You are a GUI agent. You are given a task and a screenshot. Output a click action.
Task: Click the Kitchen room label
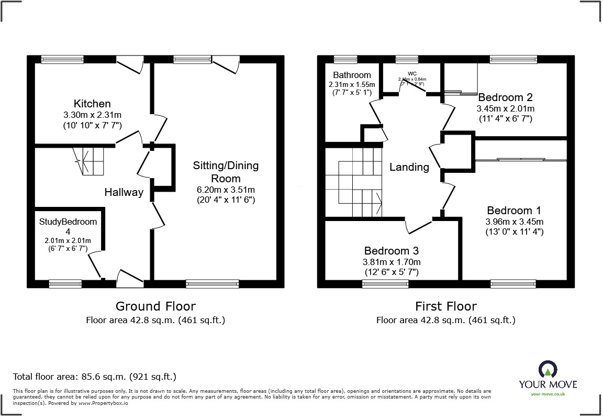92,104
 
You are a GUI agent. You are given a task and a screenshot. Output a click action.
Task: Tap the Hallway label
124,192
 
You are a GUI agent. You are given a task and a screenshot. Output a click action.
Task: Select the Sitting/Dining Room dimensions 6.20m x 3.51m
226,190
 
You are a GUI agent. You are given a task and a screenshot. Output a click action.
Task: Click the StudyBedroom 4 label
68,226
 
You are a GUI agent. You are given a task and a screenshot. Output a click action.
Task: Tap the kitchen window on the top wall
63,59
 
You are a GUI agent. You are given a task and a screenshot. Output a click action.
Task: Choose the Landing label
409,167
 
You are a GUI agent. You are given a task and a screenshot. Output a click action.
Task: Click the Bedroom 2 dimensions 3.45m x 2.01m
505,108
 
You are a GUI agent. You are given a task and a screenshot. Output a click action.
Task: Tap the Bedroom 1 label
513,210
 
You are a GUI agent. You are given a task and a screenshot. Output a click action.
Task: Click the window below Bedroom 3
385,283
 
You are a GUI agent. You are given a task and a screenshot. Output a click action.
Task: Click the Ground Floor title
155,306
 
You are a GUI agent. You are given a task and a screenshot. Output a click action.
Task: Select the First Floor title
445,306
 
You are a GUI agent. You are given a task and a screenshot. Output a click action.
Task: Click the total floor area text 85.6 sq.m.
95,376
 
